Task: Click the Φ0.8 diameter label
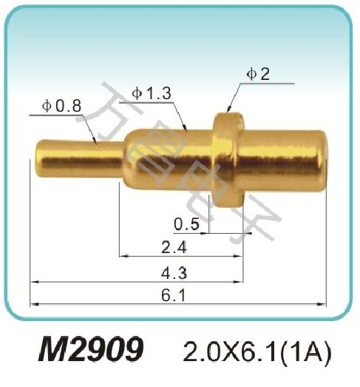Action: click(x=62, y=106)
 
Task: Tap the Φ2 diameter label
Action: click(x=259, y=74)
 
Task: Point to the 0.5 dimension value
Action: click(x=186, y=223)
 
